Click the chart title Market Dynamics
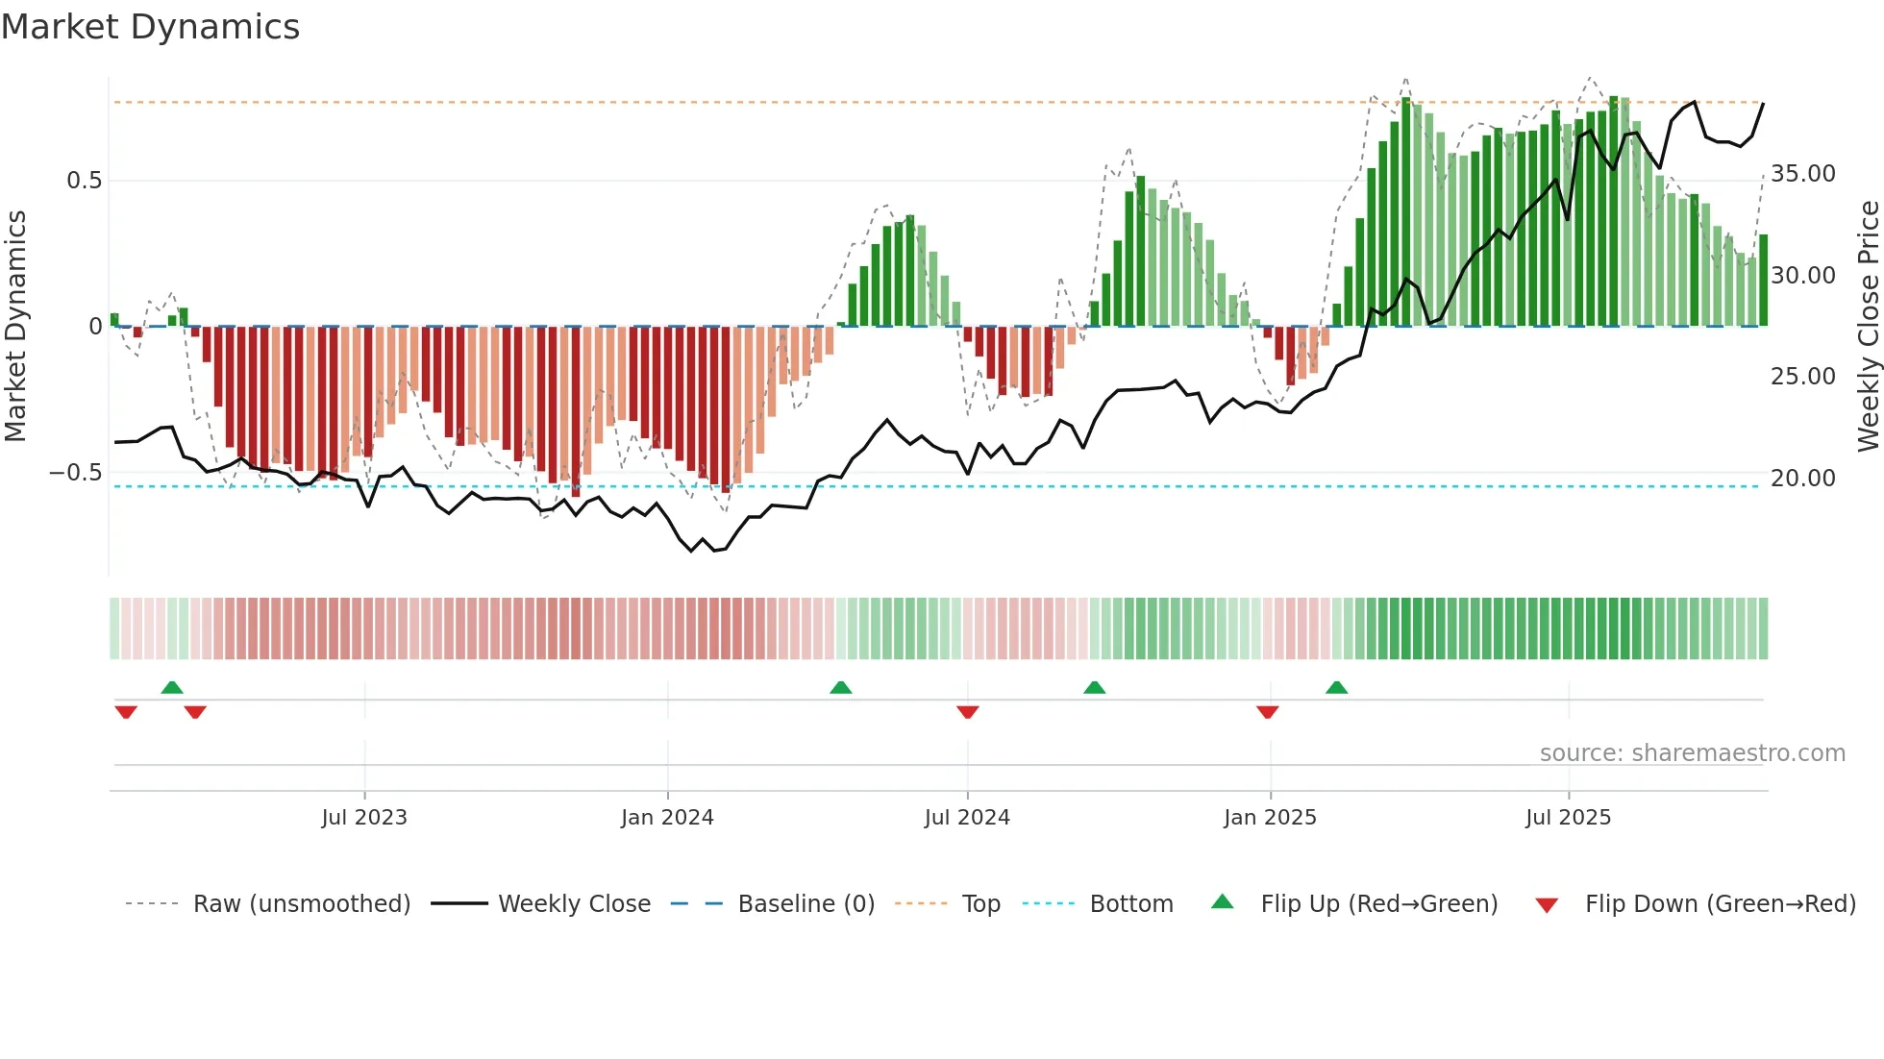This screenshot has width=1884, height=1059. [151, 27]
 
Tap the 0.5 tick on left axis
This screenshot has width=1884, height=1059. [84, 181]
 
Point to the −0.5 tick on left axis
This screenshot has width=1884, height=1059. [76, 473]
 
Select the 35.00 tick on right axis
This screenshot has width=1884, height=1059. [1802, 174]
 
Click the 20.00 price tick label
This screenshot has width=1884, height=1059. [1802, 478]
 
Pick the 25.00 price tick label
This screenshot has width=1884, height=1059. [1802, 377]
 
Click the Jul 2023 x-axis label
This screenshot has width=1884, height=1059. [364, 818]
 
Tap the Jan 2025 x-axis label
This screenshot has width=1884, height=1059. [1270, 818]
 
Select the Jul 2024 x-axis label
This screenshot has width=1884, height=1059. [967, 818]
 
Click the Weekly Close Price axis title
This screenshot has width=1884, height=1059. [1868, 327]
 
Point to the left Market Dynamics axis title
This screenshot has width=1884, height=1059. [15, 327]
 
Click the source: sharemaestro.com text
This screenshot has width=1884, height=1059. [1692, 753]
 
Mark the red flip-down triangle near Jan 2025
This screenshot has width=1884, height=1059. [1267, 712]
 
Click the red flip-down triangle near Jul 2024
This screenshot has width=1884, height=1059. [967, 712]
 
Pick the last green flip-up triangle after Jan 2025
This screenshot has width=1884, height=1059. [1336, 687]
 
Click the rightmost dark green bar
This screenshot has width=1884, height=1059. [1763, 281]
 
